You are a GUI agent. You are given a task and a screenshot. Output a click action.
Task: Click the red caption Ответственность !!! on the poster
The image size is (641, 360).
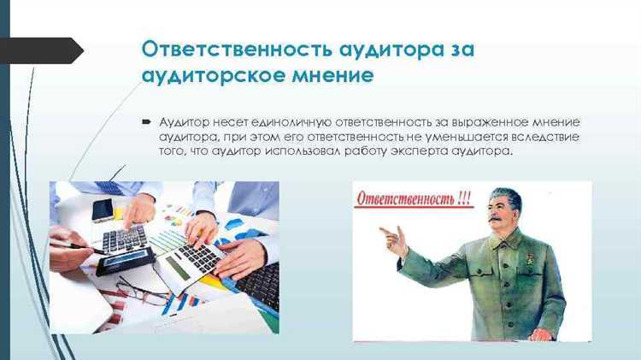pos(412,198)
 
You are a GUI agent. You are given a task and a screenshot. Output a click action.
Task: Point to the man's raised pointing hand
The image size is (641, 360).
pos(392,242)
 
